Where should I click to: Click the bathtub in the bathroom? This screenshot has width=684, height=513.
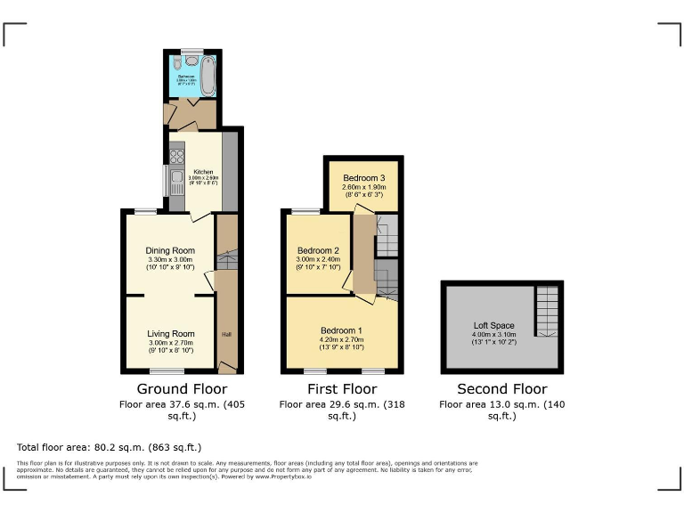pyautogui.click(x=208, y=77)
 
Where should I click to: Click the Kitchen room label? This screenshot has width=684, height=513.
pyautogui.click(x=204, y=172)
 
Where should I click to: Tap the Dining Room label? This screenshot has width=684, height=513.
pyautogui.click(x=170, y=250)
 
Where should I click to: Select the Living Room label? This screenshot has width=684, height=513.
pyautogui.click(x=170, y=334)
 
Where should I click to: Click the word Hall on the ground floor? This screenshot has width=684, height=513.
pyautogui.click(x=226, y=335)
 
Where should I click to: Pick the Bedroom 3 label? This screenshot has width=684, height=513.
pyautogui.click(x=362, y=177)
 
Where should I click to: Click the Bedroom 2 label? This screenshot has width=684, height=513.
pyautogui.click(x=319, y=249)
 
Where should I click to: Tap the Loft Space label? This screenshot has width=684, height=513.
pyautogui.click(x=490, y=326)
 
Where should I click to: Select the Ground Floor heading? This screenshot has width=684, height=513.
pyautogui.click(x=182, y=389)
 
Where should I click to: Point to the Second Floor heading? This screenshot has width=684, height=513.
pyautogui.click(x=501, y=389)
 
